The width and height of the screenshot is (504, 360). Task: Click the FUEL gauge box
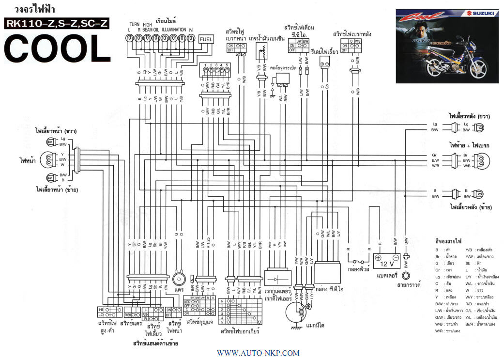206,40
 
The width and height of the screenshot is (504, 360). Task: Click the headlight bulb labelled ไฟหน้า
46,158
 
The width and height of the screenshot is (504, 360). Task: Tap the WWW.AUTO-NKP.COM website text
251,353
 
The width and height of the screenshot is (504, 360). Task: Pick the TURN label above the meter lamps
134,24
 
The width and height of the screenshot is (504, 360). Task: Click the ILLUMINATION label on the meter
173,30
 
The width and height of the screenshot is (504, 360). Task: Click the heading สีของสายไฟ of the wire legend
449,241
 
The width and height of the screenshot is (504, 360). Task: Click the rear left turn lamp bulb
479,194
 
